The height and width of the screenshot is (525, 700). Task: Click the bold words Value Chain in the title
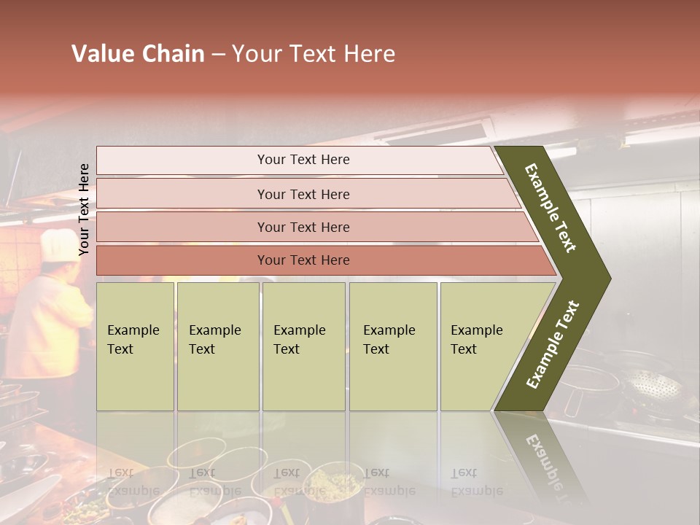point(138,54)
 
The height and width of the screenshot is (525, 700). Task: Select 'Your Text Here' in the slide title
point(314,54)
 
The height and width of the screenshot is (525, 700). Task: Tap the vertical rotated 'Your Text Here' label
point(84,210)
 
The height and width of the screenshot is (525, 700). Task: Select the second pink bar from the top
point(303,194)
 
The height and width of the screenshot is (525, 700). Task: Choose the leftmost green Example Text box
point(135,346)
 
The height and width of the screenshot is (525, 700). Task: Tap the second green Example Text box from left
point(217,346)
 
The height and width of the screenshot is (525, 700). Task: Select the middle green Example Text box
point(303,346)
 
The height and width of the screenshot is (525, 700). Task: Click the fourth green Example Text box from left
point(392,346)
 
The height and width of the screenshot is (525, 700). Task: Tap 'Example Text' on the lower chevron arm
point(553,345)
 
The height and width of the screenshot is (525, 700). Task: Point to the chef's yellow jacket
point(51,321)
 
